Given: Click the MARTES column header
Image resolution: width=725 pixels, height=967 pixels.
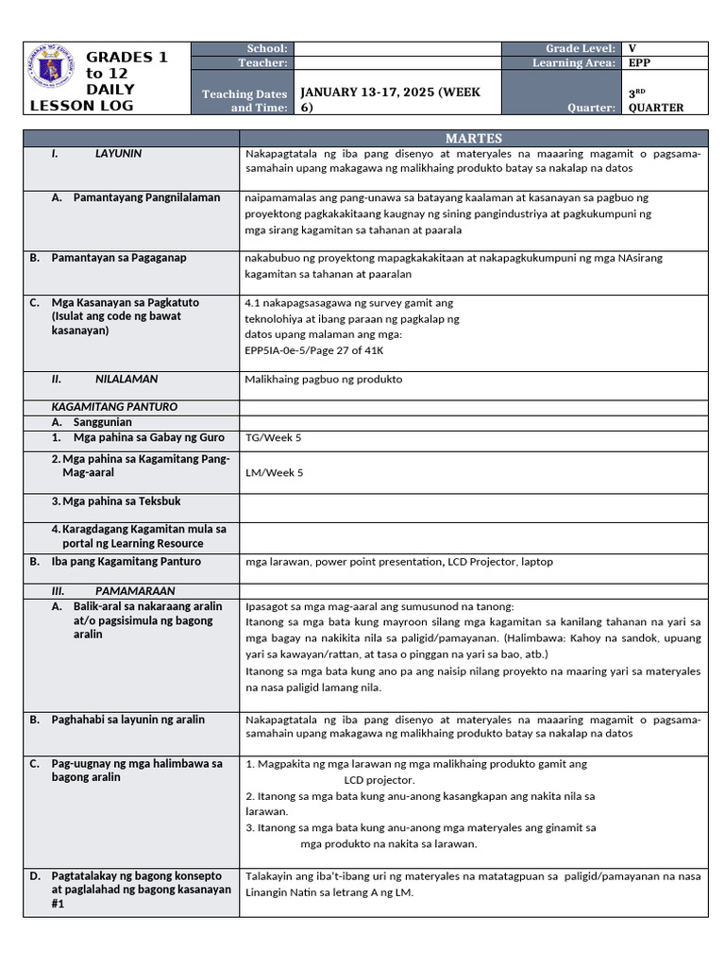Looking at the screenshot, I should click(473, 138).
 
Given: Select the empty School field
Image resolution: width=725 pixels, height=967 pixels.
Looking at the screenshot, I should click(396, 48).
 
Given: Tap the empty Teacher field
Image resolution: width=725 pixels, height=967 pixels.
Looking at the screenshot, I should click(396, 62).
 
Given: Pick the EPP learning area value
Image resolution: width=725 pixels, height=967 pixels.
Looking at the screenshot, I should click(638, 62).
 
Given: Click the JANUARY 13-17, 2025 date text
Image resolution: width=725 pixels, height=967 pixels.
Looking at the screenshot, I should click(390, 92).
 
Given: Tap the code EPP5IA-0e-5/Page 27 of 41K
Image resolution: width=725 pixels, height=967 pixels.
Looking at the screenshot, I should click(314, 350).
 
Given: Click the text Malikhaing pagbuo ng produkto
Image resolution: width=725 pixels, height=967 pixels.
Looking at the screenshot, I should click(324, 380).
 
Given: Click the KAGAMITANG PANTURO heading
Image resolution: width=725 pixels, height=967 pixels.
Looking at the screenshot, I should click(114, 407).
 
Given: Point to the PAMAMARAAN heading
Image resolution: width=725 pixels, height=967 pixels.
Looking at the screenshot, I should click(135, 590).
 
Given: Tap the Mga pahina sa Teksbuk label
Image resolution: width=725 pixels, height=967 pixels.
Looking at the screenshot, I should click(127, 501).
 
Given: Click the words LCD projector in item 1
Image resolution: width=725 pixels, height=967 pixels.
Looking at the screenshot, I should click(379, 780).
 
